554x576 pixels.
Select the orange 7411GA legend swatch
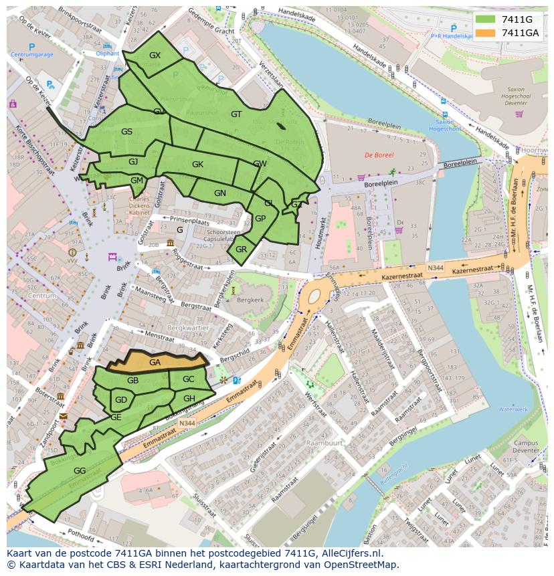point(484,33)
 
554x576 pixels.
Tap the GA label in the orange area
point(155,363)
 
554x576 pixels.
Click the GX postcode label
point(155,56)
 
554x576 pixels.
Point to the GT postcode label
point(236,114)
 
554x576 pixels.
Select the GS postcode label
point(126,132)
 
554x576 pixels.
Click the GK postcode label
point(197,165)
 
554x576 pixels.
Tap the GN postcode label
point(220,193)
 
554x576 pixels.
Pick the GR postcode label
point(242,250)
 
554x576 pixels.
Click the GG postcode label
point(80,471)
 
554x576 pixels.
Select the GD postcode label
point(120,400)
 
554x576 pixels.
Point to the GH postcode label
point(189,399)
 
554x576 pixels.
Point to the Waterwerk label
point(513,409)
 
